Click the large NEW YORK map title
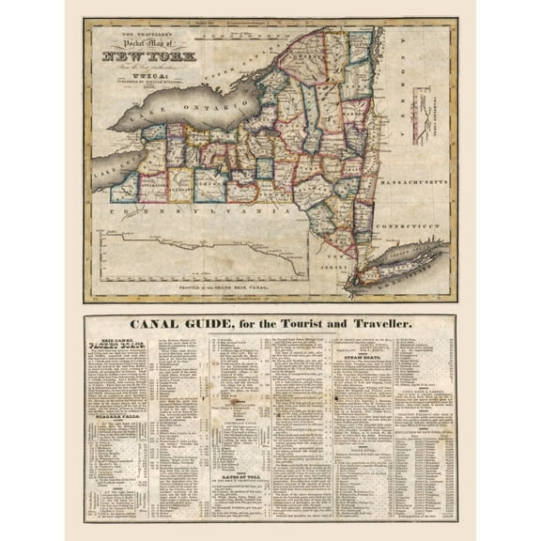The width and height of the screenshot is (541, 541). [x=139, y=54]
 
